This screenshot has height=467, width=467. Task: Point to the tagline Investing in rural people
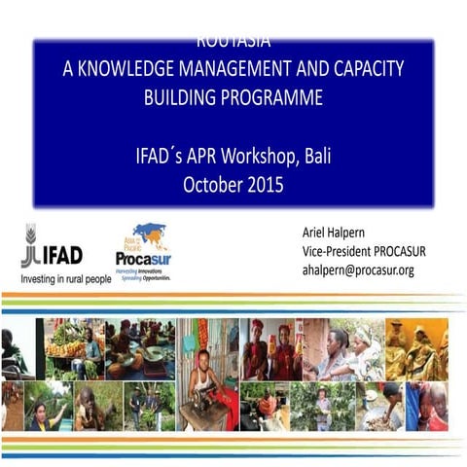(65, 278)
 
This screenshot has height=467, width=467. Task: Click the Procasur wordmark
(143, 259)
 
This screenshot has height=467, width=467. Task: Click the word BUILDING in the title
(185, 97)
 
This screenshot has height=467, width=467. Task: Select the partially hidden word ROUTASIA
(233, 43)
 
